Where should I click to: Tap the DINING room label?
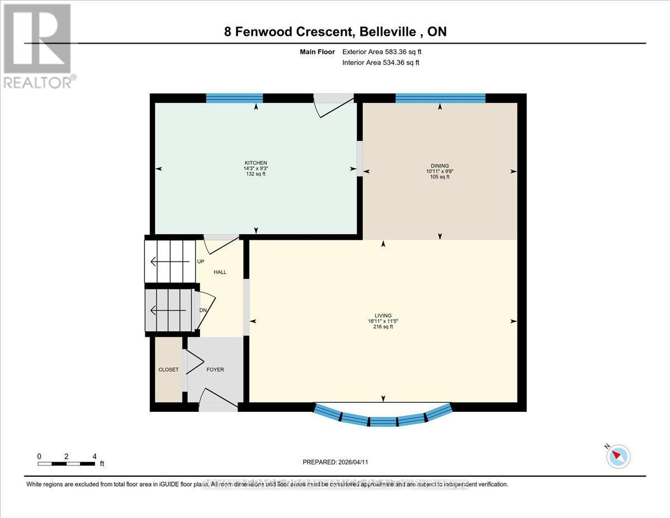click(440, 165)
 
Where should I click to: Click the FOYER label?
click(215, 369)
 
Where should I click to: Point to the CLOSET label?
click(167, 369)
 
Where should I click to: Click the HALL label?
click(220, 272)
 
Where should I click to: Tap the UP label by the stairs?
click(200, 262)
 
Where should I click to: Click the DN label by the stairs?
click(203, 311)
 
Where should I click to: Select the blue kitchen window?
click(234, 98)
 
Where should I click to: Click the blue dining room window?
click(440, 98)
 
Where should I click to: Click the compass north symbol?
click(618, 456)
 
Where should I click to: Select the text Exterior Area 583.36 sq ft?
click(381, 52)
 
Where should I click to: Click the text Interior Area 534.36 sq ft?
click(380, 63)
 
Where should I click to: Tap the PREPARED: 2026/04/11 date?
click(335, 462)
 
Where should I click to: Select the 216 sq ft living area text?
click(383, 327)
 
